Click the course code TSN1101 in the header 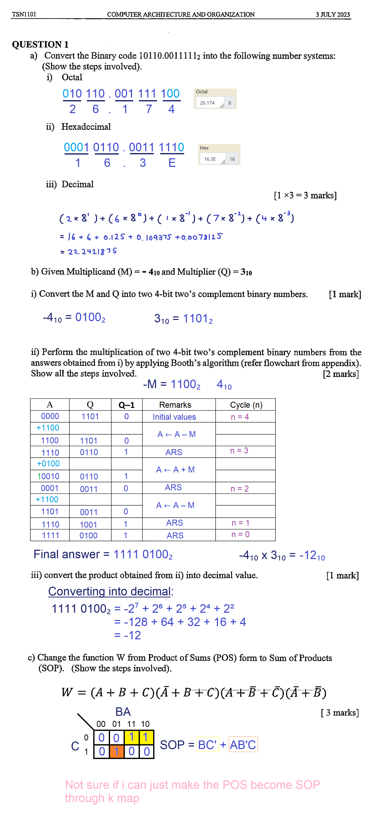pyautogui.click(x=24, y=14)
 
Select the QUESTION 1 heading pyautogui.click(x=40, y=44)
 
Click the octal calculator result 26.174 pyautogui.click(x=207, y=103)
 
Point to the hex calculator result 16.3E pyautogui.click(x=210, y=159)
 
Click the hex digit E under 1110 pyautogui.click(x=172, y=163)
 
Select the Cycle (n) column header pyautogui.click(x=246, y=405)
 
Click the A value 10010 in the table pyautogui.click(x=49, y=476)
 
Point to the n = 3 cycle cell pyautogui.click(x=239, y=451)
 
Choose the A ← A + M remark pyautogui.click(x=175, y=470)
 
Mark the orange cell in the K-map pyautogui.click(x=117, y=751)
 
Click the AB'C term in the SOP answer pyautogui.click(x=243, y=745)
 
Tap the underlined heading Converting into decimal pyautogui.click(x=110, y=591)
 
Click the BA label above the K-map pyautogui.click(x=123, y=712)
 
